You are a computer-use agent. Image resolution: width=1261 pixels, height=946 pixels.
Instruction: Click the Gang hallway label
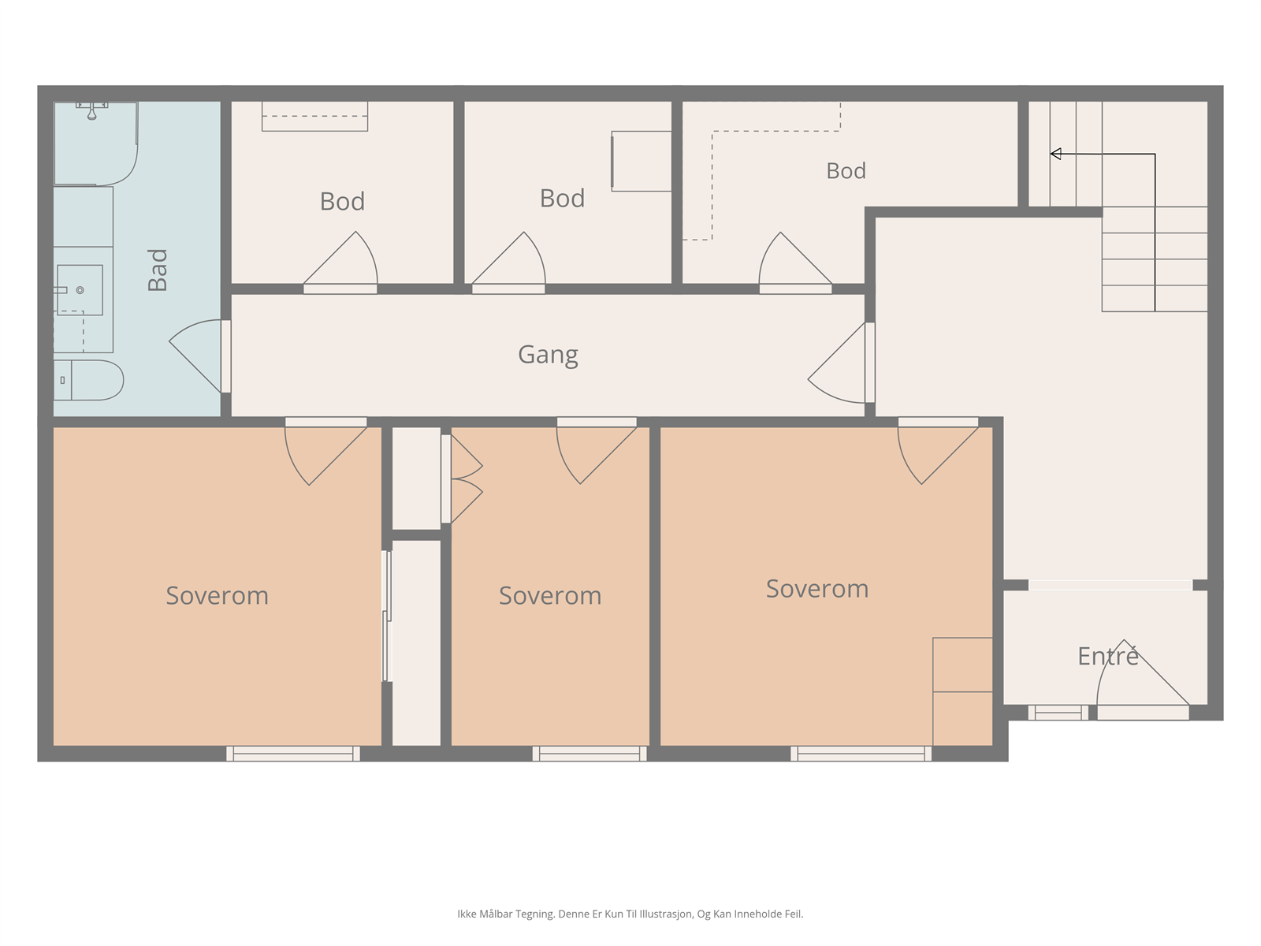(x=548, y=355)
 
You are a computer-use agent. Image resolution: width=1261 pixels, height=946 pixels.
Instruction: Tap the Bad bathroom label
(x=158, y=270)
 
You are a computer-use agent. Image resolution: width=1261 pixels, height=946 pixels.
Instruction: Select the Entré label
(x=1107, y=655)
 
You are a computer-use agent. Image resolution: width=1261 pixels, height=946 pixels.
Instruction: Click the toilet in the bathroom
(x=88, y=380)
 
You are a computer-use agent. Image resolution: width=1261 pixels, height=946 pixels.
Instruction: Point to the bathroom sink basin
(x=80, y=290)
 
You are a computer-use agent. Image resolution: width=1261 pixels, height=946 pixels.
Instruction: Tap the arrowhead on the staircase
(x=1055, y=154)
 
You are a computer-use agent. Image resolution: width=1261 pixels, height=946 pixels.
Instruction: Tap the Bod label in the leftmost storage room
(x=342, y=202)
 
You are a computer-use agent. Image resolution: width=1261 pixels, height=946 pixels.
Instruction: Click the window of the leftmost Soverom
(x=293, y=754)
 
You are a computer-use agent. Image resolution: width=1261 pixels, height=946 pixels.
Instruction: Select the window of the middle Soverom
(x=590, y=754)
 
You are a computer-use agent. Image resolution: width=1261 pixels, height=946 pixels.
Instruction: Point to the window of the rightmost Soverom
(x=861, y=754)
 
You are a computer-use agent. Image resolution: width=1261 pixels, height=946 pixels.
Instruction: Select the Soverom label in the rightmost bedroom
(x=817, y=589)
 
